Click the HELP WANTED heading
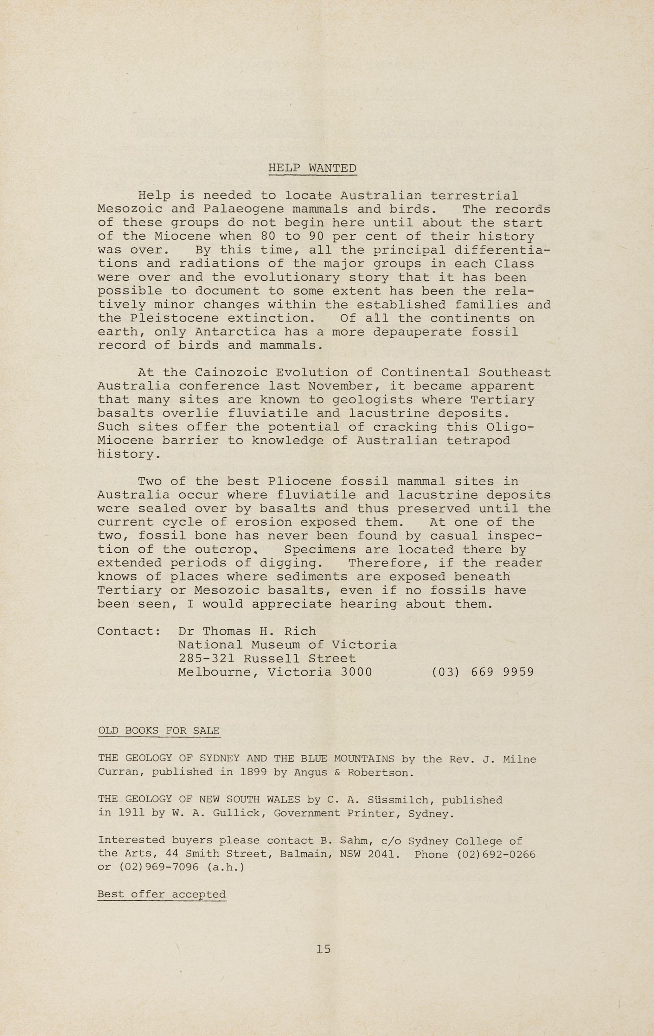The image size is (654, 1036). (312, 168)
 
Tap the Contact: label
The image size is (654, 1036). (129, 631)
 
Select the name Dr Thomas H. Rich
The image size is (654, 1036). (247, 631)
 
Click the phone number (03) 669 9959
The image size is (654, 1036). (483, 672)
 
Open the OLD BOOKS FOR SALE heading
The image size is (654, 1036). (159, 731)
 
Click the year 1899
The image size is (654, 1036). (254, 772)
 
